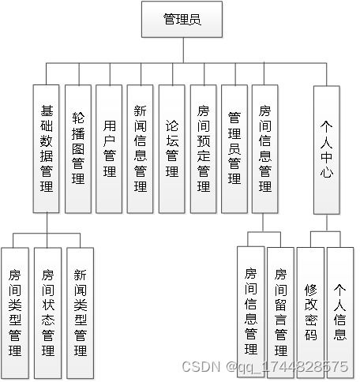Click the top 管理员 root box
pos(182,20)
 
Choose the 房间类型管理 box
pos(15,313)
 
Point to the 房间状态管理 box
pos(47,313)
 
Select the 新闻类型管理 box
pos(80,313)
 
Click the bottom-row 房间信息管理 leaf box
pos(250,313)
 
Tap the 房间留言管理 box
pos(280,313)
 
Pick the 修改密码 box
pos(310,313)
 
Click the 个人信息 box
pos(340,313)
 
